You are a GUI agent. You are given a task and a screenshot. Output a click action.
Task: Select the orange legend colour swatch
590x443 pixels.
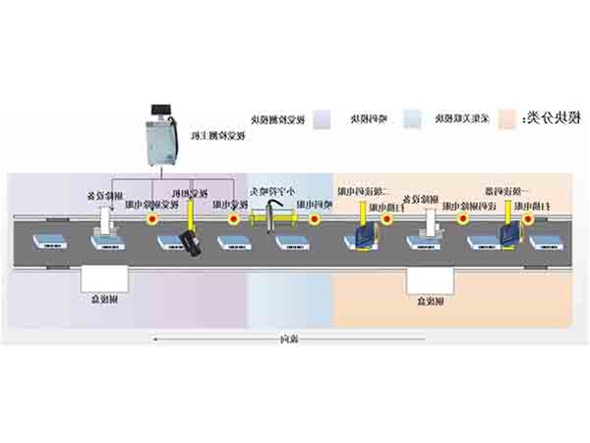(x=506, y=118)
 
